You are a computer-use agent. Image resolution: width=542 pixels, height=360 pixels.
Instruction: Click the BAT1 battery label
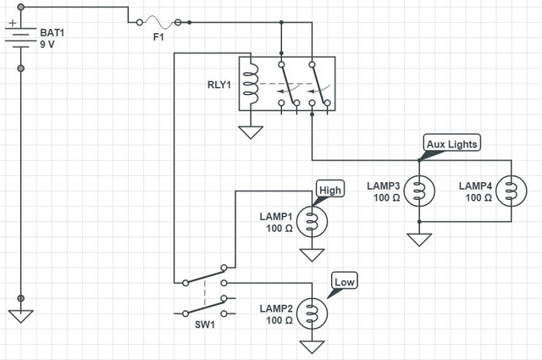pos(53,32)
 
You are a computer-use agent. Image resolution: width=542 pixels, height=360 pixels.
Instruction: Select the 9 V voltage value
pos(47,44)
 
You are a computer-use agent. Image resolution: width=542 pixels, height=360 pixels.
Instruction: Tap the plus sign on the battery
pos(13,23)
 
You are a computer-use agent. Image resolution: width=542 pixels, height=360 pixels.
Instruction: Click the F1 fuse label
pos(158,36)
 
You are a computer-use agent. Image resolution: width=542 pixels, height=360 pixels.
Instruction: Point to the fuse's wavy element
pos(158,22)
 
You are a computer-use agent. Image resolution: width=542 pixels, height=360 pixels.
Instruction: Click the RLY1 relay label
pos(219,85)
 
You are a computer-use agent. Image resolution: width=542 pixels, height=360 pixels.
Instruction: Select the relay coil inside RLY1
pos(252,83)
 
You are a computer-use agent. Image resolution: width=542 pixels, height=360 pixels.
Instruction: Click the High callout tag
pos(330,189)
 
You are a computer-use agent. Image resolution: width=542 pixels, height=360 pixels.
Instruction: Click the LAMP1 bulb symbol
pos(312,222)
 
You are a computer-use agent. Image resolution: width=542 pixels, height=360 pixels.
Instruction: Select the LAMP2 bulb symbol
pos(312,313)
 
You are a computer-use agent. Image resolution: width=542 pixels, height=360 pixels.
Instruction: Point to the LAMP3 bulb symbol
pos(419,191)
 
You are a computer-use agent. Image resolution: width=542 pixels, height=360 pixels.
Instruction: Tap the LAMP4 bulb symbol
pos(512,191)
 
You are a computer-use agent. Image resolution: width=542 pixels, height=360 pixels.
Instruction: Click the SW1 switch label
pos(205,324)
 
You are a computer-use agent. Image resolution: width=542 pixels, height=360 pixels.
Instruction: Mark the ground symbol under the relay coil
pos(251,132)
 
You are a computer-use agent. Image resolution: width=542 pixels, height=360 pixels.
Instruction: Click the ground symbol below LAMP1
pos(312,255)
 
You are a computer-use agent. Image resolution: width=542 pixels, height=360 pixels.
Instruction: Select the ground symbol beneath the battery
pos(20,317)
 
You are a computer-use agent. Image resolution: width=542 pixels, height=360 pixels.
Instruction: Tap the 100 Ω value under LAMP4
pos(478,197)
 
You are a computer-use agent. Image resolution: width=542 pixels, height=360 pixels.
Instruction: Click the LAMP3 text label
pos(384,186)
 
